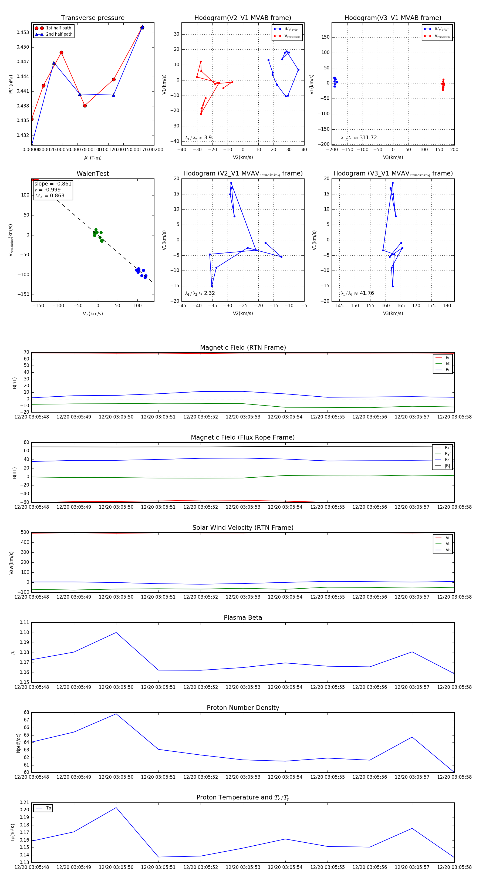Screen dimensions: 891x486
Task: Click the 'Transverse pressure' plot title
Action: click(x=93, y=18)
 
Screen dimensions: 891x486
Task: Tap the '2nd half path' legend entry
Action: click(x=59, y=34)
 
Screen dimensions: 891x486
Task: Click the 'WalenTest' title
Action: click(x=93, y=174)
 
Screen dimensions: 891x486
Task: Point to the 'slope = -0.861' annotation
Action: click(x=53, y=184)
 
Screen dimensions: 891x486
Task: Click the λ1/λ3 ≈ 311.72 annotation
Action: click(x=359, y=138)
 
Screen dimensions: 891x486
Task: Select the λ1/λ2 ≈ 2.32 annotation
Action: click(x=200, y=293)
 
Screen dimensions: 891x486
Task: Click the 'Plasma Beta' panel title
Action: click(x=243, y=618)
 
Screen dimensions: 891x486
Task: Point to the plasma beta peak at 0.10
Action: click(x=116, y=633)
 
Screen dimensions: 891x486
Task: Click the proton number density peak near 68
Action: click(x=116, y=714)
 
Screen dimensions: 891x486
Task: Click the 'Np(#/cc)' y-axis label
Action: click(x=18, y=742)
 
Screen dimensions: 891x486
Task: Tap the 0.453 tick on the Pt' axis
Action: click(x=23, y=32)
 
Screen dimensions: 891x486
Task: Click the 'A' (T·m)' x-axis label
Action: click(x=93, y=158)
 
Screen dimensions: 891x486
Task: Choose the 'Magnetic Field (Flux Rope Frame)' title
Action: click(x=243, y=438)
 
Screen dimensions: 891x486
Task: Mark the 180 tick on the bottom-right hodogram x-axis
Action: click(x=447, y=306)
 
